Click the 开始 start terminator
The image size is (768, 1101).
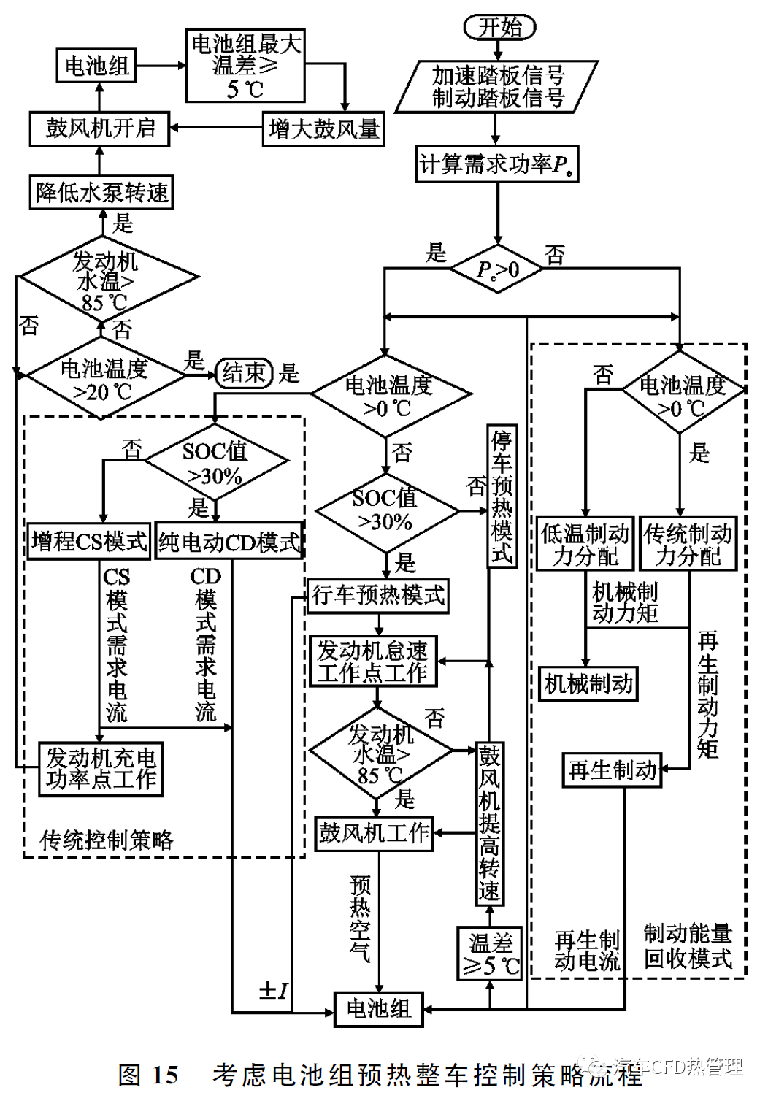pos(499,27)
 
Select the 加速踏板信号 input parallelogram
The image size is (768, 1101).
pos(497,87)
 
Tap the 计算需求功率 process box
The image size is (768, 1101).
pos(497,164)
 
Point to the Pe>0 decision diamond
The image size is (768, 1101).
pos(497,269)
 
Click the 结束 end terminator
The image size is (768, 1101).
pos(244,373)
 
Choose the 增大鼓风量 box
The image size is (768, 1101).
pos(323,129)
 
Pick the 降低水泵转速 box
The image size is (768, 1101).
pos(101,193)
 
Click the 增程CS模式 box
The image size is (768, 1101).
pos(88,541)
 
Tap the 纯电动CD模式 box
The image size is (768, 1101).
pos(229,542)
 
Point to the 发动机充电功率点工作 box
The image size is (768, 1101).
pos(101,769)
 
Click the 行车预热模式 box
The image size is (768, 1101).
pos(378,595)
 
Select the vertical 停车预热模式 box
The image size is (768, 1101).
pos(502,496)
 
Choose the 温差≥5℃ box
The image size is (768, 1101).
pos(490,954)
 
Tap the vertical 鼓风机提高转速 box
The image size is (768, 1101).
pos(489,824)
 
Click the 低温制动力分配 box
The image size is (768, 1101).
pos(585,544)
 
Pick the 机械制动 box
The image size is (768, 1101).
pos(588,684)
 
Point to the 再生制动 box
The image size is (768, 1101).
pos(612,770)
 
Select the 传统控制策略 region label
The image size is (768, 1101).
pos(107,840)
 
